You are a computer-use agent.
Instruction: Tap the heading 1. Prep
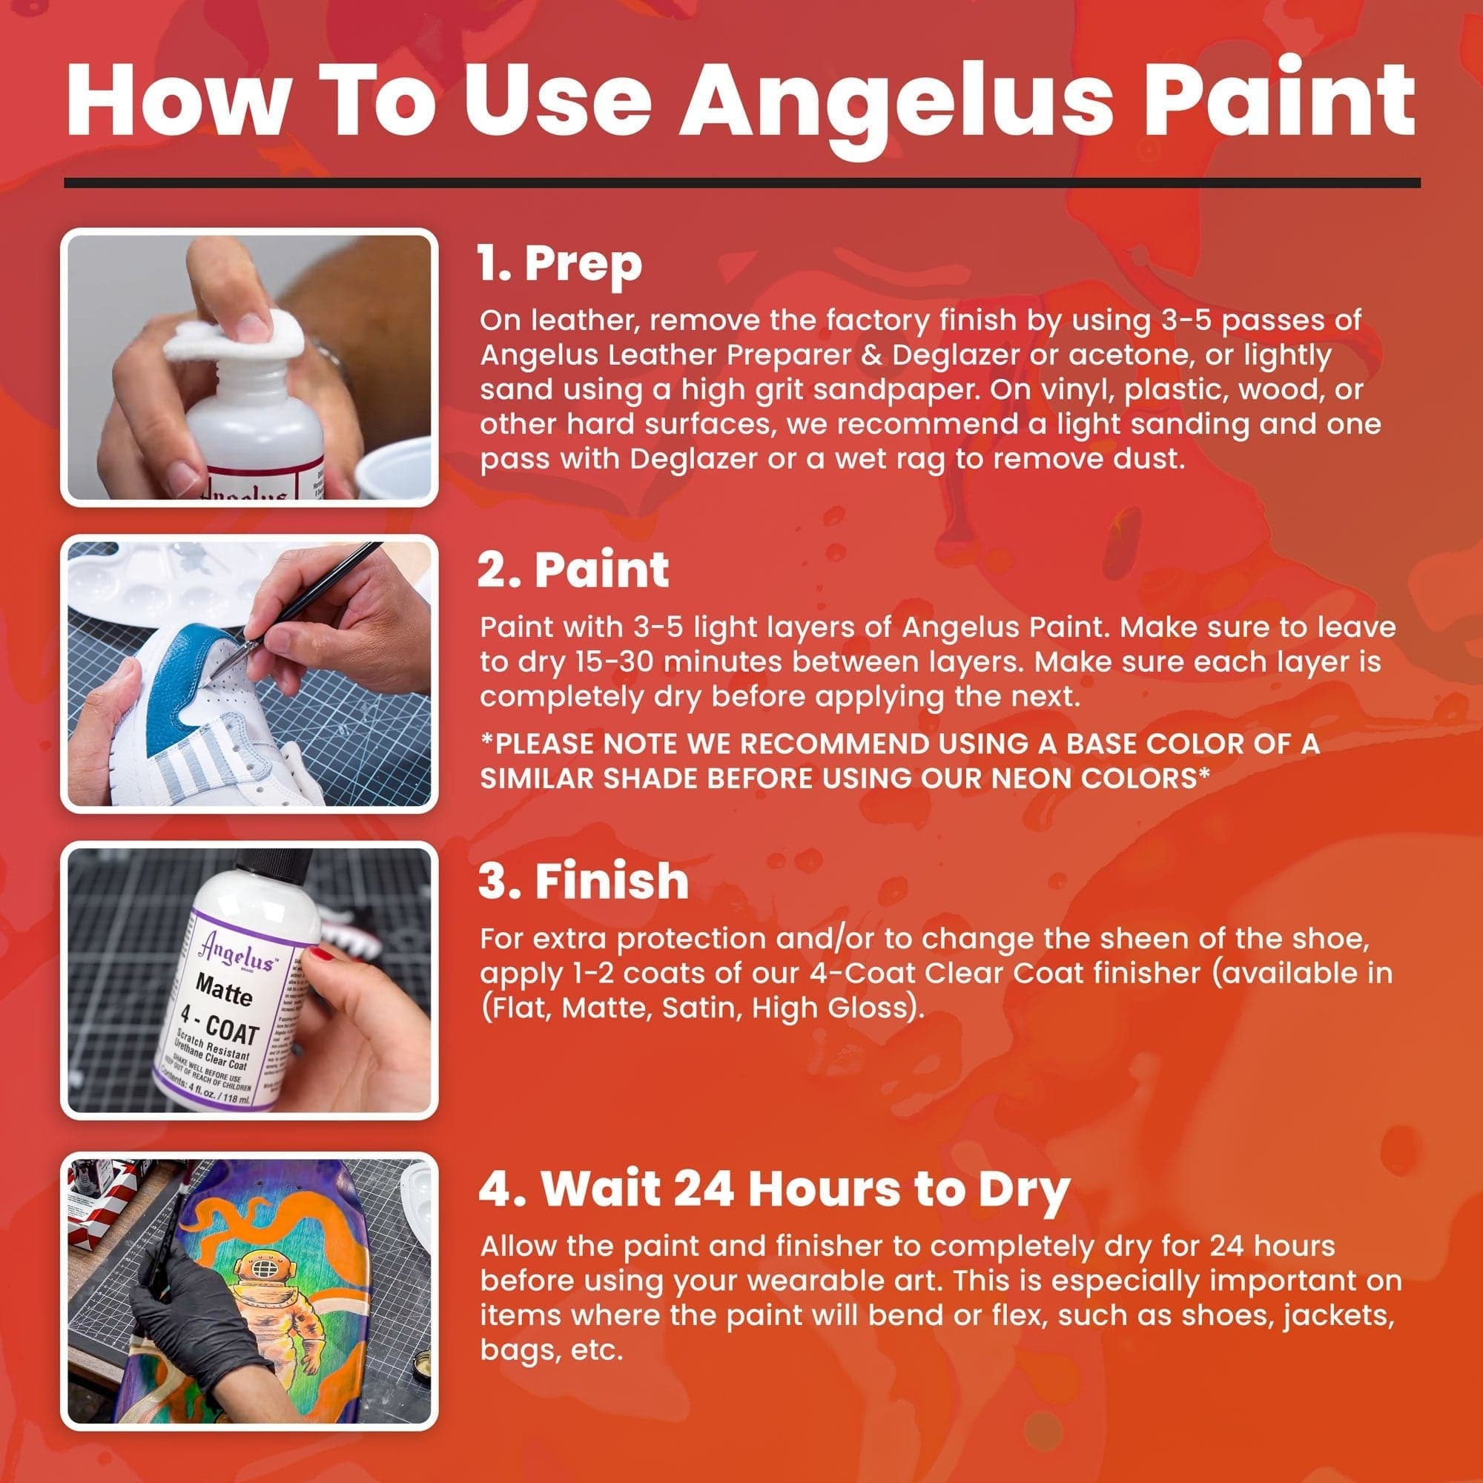(x=560, y=263)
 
